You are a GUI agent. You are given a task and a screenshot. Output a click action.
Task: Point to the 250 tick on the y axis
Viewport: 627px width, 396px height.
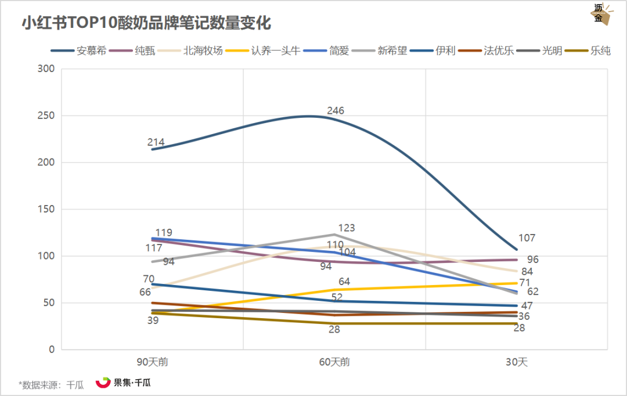point(46,116)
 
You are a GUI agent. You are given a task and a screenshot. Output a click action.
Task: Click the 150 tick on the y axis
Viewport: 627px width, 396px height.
point(46,209)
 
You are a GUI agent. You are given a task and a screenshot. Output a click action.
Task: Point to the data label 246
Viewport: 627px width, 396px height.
point(336,110)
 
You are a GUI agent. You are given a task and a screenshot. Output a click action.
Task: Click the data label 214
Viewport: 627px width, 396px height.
point(156,142)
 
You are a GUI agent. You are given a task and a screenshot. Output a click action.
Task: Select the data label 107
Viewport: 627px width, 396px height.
point(527,238)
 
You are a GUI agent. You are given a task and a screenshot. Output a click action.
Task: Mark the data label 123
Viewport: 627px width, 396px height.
point(346,228)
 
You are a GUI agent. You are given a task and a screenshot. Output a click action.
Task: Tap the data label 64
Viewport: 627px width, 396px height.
point(344,282)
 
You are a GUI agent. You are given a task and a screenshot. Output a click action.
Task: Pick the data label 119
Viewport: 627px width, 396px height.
point(164,233)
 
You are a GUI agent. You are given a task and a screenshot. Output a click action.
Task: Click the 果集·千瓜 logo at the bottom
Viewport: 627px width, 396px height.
point(122,383)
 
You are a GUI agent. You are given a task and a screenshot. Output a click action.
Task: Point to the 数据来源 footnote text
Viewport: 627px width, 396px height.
point(51,384)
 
